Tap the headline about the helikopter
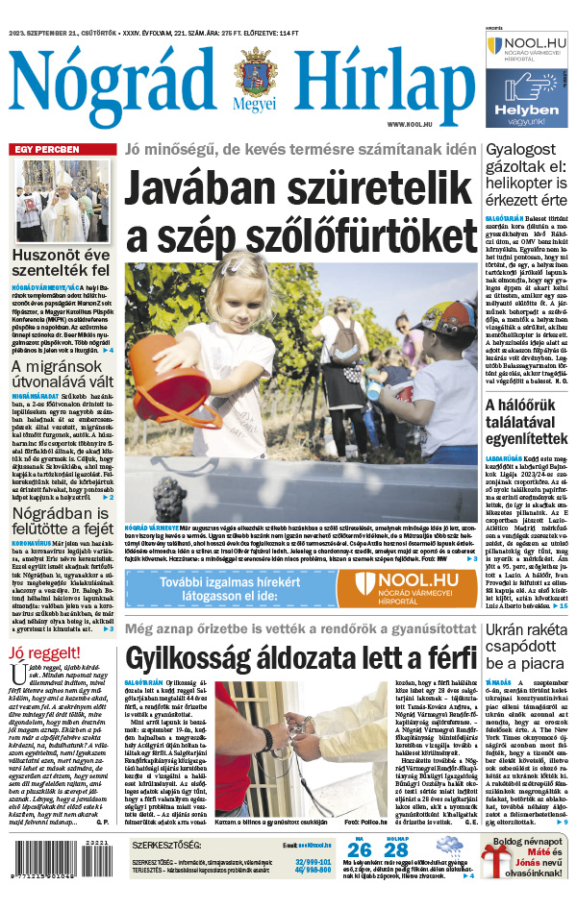click(528, 175)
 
